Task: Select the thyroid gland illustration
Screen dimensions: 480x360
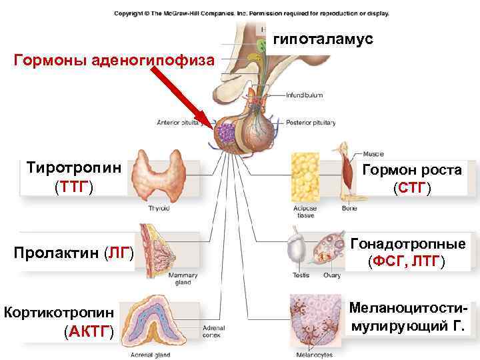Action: point(160,176)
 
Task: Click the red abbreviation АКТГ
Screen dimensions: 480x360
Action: point(89,331)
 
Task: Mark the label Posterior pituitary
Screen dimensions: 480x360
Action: point(310,123)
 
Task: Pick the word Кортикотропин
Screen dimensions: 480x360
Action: point(59,312)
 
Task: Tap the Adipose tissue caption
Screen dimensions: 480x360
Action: point(305,212)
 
